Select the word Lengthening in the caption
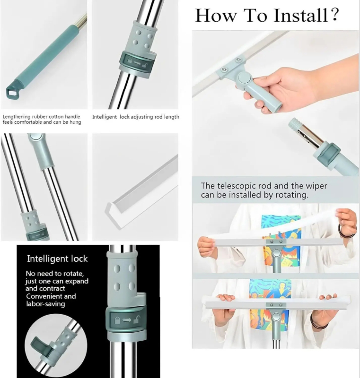pyautogui.click(x=17, y=116)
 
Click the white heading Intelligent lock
pyautogui.click(x=57, y=258)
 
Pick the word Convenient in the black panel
pyautogui.click(x=44, y=296)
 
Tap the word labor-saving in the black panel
pyautogui.click(x=45, y=304)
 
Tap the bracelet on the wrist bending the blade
pyautogui.click(x=347, y=232)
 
